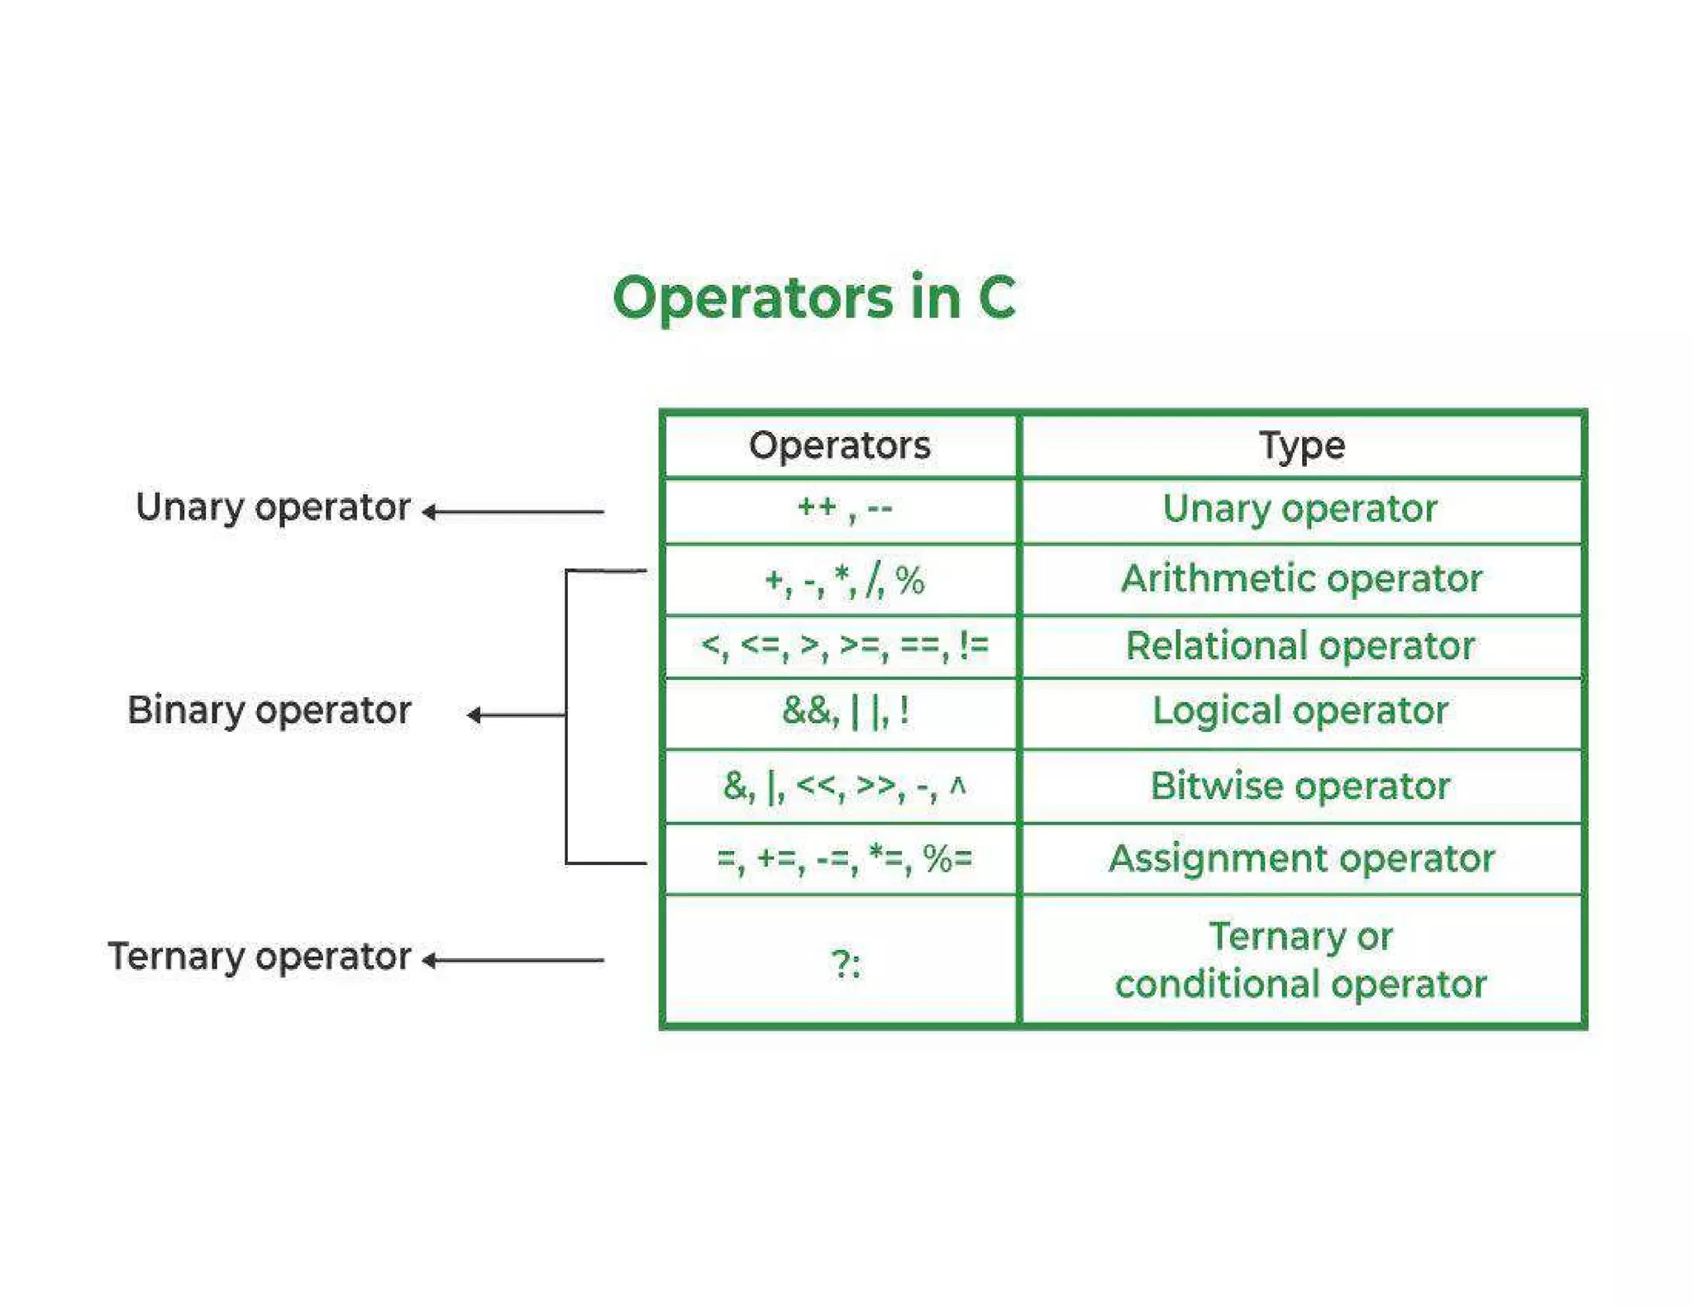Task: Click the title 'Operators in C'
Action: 814,297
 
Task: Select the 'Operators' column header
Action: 840,445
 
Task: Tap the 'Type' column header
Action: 1302,446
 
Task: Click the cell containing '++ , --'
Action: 844,508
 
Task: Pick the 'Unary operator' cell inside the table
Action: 1300,509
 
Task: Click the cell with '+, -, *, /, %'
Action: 844,579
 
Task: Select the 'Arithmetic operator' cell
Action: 1301,578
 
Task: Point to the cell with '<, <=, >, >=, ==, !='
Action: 844,645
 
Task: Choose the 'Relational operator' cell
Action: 1300,646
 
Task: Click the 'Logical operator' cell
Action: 1300,711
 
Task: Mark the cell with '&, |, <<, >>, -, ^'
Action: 844,786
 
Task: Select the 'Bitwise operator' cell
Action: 1300,786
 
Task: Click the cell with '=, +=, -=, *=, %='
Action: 844,859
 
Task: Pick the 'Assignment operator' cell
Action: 1301,859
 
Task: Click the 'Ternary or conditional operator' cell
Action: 1300,961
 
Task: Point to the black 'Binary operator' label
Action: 269,711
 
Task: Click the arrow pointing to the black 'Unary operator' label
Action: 513,512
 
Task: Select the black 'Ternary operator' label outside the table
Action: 260,957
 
